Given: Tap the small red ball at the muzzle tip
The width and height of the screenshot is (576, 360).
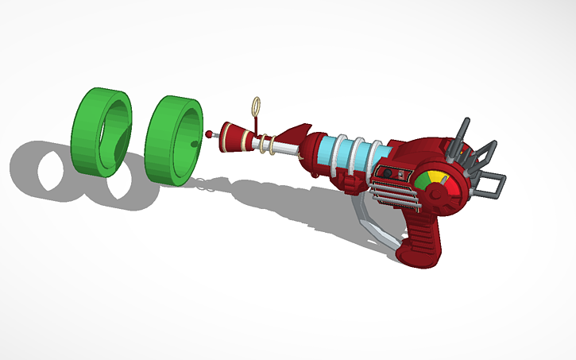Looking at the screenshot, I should coord(210,134).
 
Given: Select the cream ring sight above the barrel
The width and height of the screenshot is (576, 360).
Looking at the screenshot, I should coord(256,106).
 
